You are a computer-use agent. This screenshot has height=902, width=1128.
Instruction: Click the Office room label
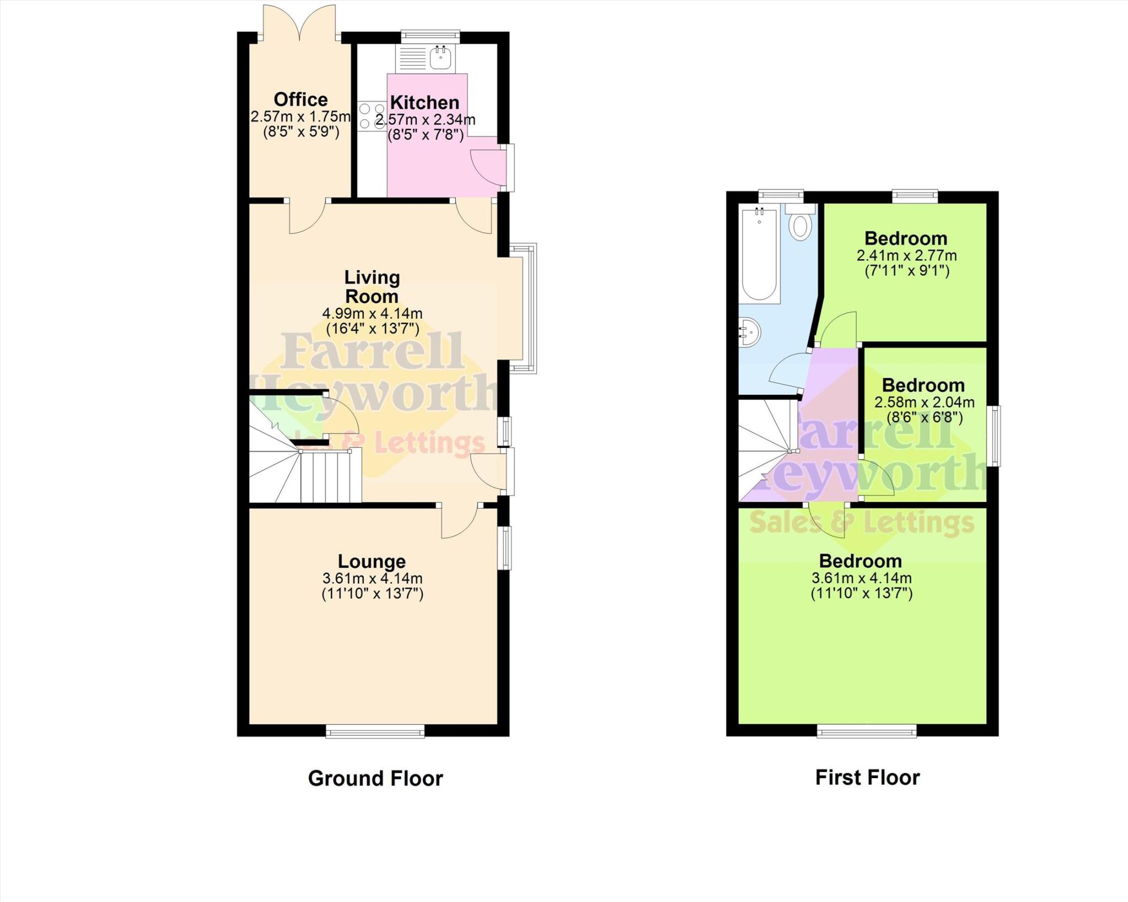(300, 100)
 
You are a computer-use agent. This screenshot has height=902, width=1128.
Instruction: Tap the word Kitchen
(425, 102)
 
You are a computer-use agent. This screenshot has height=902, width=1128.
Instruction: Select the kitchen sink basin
(441, 57)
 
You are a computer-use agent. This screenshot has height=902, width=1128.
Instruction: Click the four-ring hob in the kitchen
(371, 116)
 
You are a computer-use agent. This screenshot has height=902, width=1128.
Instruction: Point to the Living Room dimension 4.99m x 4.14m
(372, 314)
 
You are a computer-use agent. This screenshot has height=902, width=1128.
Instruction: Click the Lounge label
(372, 561)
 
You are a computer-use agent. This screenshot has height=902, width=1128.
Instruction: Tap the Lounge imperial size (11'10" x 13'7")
(372, 594)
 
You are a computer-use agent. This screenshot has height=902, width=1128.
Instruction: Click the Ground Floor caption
(375, 778)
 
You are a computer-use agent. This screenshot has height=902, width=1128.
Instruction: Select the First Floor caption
(867, 778)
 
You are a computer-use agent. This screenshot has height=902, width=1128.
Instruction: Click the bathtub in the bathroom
(759, 254)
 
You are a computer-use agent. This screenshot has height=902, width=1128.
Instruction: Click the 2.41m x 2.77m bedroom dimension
(906, 256)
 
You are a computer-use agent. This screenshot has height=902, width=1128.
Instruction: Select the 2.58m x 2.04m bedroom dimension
(923, 402)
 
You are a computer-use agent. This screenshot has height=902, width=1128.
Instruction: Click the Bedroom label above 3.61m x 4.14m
(860, 561)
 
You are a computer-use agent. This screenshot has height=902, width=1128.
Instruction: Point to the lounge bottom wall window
(375, 731)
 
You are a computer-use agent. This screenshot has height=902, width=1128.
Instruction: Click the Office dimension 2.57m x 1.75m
(300, 117)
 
